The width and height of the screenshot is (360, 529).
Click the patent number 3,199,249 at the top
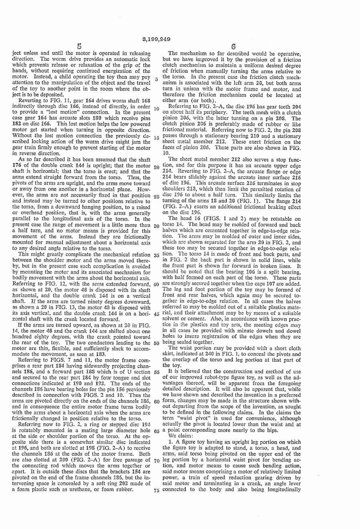pos(156,39)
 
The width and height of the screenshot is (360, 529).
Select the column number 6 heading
pos(233,47)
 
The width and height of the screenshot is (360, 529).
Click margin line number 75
pos(156,489)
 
